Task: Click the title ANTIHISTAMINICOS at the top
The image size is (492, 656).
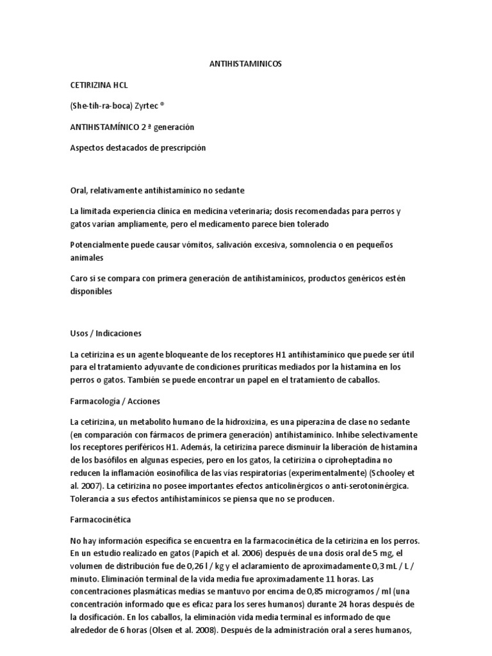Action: (246, 64)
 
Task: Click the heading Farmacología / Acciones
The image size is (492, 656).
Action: (115, 401)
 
